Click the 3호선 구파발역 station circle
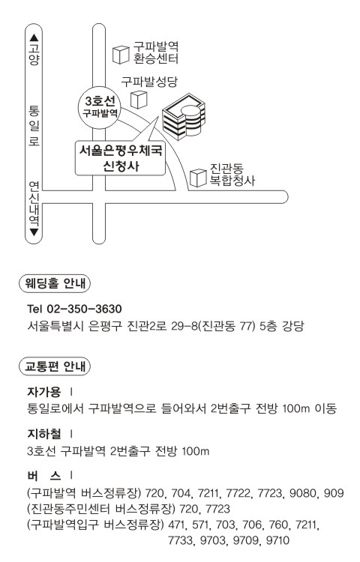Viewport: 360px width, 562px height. click(99, 107)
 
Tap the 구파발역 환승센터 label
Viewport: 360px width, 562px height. click(155, 52)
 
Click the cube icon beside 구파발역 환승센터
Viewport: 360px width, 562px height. click(121, 55)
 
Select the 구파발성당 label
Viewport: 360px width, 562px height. click(149, 82)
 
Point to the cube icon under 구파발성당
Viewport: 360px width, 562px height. click(139, 100)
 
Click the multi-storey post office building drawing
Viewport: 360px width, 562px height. click(184, 117)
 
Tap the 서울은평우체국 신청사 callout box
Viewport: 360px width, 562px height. click(120, 158)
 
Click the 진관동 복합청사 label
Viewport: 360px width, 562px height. click(232, 175)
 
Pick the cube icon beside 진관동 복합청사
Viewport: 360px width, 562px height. click(198, 178)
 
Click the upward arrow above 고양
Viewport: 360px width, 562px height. click(34, 37)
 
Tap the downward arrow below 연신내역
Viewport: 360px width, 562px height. click(34, 232)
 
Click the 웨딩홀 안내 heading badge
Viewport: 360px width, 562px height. click(55, 283)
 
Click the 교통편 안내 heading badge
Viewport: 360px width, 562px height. click(55, 366)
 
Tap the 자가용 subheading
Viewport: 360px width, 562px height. click(44, 392)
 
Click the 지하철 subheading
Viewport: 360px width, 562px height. click(44, 434)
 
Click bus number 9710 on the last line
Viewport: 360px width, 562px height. click(277, 540)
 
